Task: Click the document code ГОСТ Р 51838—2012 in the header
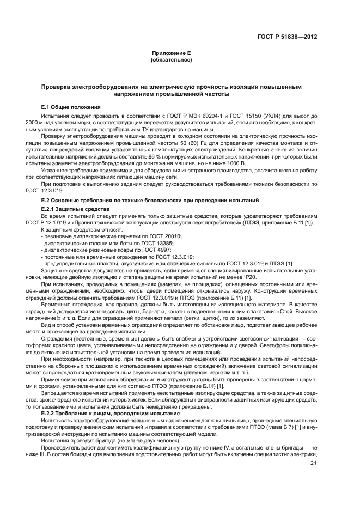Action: pyautogui.click(x=286, y=37)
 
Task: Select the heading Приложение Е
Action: pyautogui.click(x=171, y=53)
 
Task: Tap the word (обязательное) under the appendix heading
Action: pyautogui.click(x=171, y=59)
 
